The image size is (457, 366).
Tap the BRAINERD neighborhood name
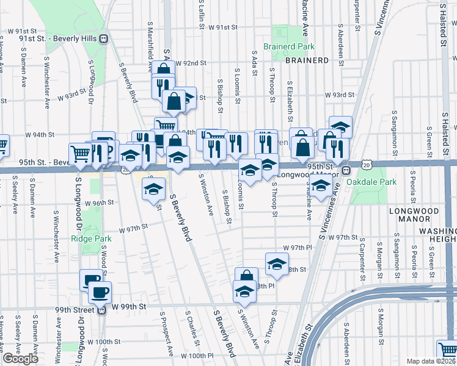(307, 60)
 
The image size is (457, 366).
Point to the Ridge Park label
(88, 239)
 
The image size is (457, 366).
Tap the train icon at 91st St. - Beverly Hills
(103, 38)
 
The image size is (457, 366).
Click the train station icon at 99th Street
(103, 310)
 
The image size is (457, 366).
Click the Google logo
(20, 359)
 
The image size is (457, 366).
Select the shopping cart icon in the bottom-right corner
(448, 351)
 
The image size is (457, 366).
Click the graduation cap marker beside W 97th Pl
(277, 264)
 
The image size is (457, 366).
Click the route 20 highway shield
(365, 165)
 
